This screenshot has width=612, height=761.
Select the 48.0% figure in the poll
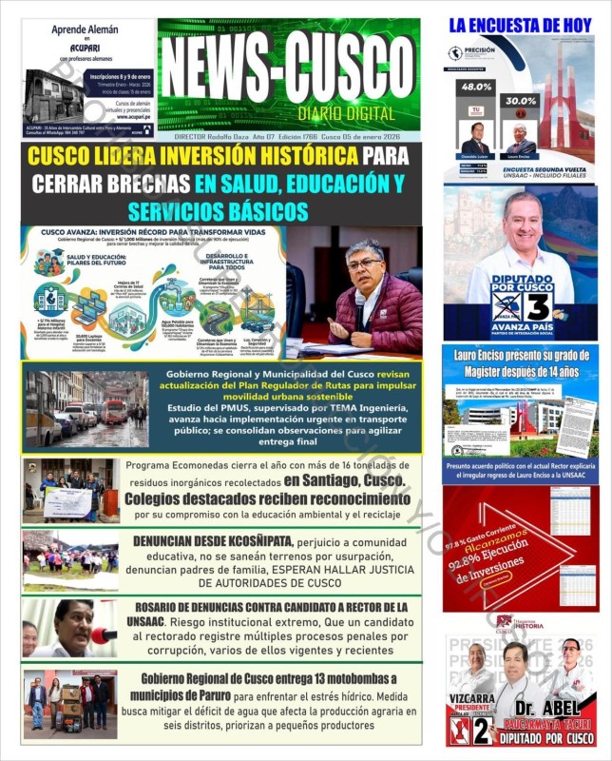coord(476,87)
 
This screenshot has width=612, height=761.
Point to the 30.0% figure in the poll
coord(521,100)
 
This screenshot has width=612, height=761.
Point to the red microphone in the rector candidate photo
coord(103,634)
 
